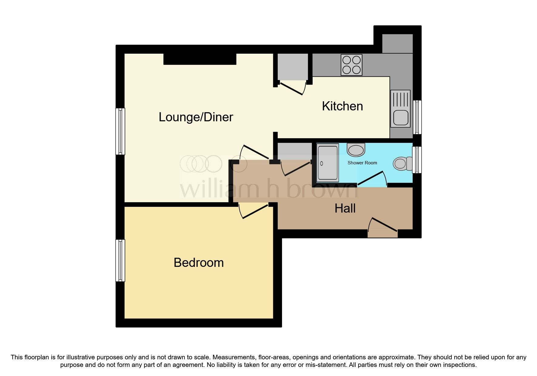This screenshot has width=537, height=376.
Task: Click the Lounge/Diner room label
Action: point(196,117)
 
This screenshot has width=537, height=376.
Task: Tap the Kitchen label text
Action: point(342,106)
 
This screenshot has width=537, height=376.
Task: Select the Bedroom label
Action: point(199,263)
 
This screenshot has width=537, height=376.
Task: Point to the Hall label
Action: point(345,209)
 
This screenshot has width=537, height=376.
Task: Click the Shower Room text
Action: point(362,163)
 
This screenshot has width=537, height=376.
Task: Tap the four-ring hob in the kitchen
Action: point(351,65)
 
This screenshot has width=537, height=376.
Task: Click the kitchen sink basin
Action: point(400,118)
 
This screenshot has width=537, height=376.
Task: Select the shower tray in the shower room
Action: point(327,163)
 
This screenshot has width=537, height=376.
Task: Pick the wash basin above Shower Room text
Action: point(356,150)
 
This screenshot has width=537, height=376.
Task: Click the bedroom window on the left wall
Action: point(120,260)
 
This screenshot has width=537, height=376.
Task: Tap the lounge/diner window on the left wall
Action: point(120,131)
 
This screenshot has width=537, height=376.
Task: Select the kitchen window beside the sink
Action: point(417,117)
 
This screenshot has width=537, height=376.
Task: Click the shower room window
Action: point(417,160)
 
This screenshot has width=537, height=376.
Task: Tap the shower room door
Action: point(371,179)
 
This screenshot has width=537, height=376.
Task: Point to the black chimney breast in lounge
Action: point(200,59)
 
